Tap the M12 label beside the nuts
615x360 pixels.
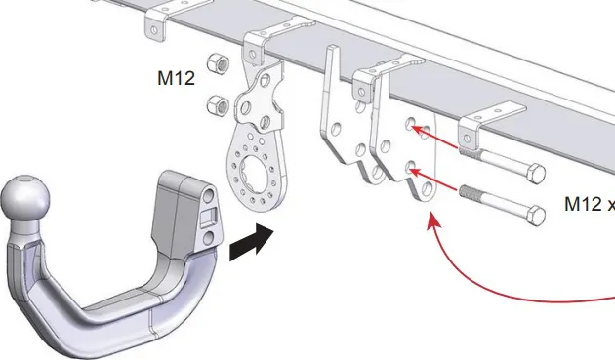point(176,78)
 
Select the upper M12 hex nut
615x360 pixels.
point(218,62)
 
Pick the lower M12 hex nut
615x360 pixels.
point(218,104)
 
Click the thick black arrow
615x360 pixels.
point(252,242)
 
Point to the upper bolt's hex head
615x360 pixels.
point(535,174)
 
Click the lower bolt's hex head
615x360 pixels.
point(535,216)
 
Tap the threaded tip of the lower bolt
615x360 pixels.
point(469,191)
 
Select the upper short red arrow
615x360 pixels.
point(433,137)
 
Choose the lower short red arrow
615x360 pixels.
point(433,180)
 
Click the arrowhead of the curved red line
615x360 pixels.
point(432,220)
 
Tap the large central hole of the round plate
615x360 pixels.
point(256,171)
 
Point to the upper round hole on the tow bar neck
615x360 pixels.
point(209,195)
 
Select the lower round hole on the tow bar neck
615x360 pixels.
point(209,237)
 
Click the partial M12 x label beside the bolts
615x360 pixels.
point(589,204)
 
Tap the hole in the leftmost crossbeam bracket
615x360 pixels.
point(154,29)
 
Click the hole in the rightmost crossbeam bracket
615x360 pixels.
point(467,139)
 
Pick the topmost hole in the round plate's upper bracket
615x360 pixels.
point(253,54)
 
